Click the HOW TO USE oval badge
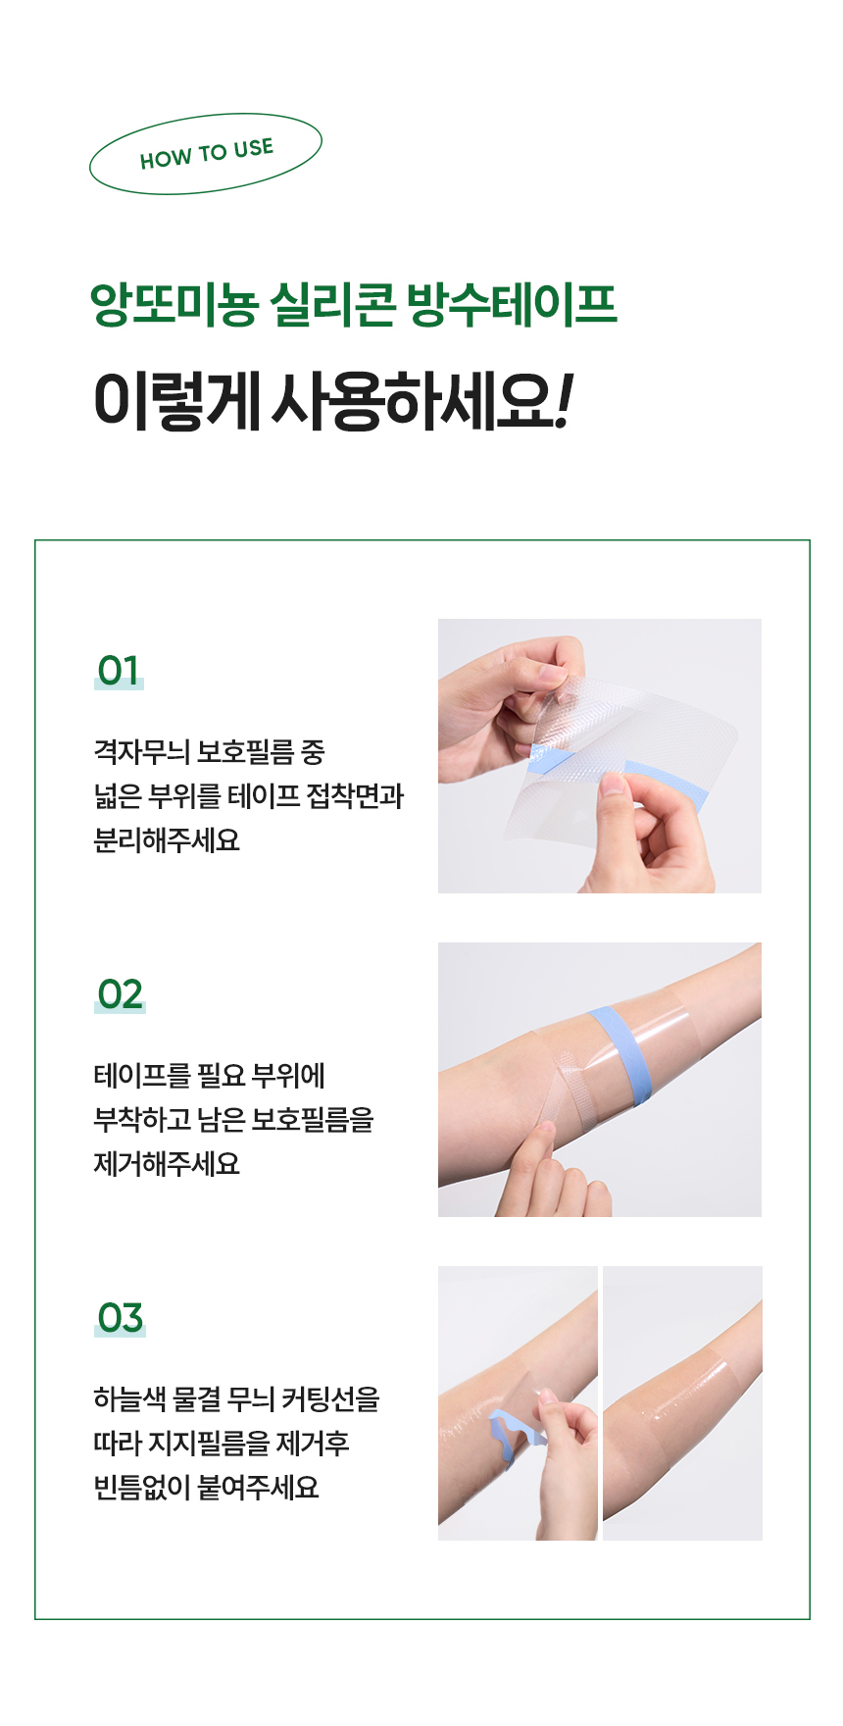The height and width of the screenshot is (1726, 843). click(x=206, y=154)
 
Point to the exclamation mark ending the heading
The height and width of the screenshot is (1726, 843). click(x=563, y=401)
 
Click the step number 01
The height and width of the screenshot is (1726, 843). click(x=119, y=671)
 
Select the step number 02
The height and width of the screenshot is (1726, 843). click(x=120, y=994)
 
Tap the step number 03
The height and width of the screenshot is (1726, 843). click(x=120, y=1318)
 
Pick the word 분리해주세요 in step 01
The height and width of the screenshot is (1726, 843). click(x=167, y=840)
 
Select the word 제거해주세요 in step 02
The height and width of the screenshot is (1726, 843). click(x=167, y=1164)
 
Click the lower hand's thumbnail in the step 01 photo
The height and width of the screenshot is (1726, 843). click(x=615, y=783)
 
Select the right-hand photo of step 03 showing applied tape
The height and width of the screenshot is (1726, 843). click(x=682, y=1402)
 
